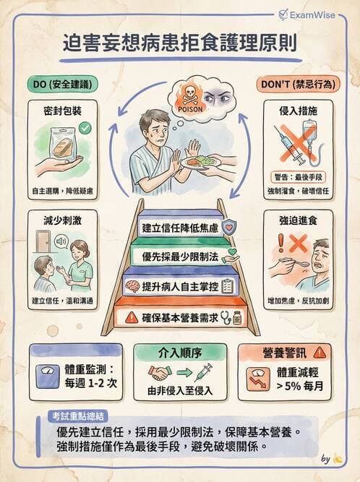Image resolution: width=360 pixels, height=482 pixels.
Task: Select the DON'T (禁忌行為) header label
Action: click(296, 84)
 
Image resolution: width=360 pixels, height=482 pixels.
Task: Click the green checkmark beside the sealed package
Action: click(85, 128)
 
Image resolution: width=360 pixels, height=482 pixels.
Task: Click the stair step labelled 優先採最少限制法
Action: click(180, 256)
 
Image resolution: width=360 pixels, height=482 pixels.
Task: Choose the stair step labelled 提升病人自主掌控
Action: click(180, 285)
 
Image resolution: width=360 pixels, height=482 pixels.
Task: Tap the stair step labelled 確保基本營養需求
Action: click(180, 316)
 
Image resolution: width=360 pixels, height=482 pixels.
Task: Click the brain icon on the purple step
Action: click(132, 285)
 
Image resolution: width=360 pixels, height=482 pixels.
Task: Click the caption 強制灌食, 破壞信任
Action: click(298, 191)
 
